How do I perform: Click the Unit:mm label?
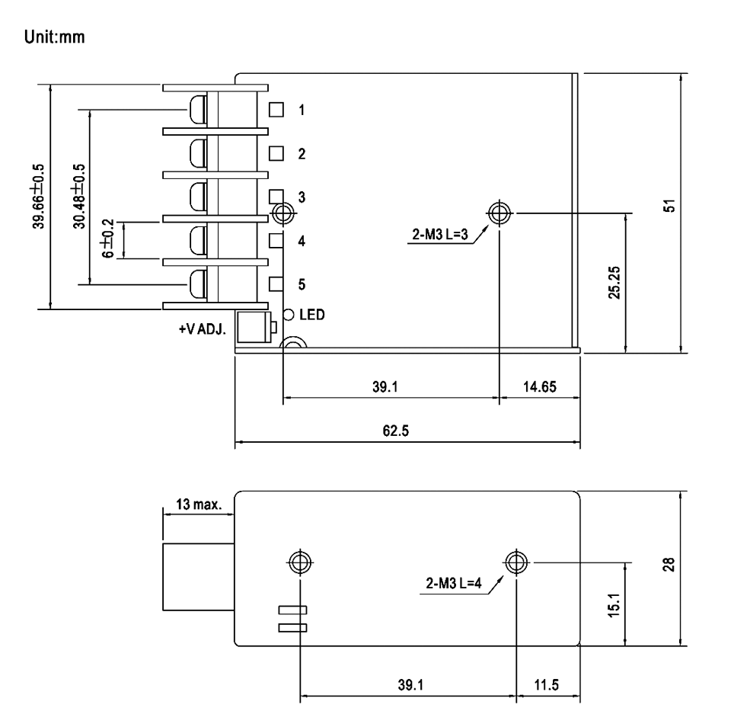tap(55, 37)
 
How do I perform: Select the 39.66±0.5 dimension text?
tap(38, 197)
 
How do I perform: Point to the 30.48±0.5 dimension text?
tap(79, 197)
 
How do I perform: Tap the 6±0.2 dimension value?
tap(107, 239)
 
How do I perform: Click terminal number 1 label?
tap(302, 110)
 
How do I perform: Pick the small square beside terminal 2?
tap(276, 153)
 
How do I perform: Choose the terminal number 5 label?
tap(302, 284)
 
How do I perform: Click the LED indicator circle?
tap(289, 315)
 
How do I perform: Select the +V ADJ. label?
tap(203, 329)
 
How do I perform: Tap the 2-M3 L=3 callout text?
tap(439, 234)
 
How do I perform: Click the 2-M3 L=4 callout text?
tap(454, 583)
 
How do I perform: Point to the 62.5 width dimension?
tap(395, 431)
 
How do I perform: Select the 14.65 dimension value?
tap(539, 386)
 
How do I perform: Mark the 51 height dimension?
tap(669, 206)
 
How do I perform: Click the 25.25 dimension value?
tap(614, 283)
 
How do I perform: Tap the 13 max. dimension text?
tap(199, 505)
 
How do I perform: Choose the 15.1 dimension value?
tap(614, 606)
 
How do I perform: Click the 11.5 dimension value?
tap(547, 685)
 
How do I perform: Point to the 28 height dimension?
tap(669, 565)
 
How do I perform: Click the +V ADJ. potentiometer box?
tap(254, 327)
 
